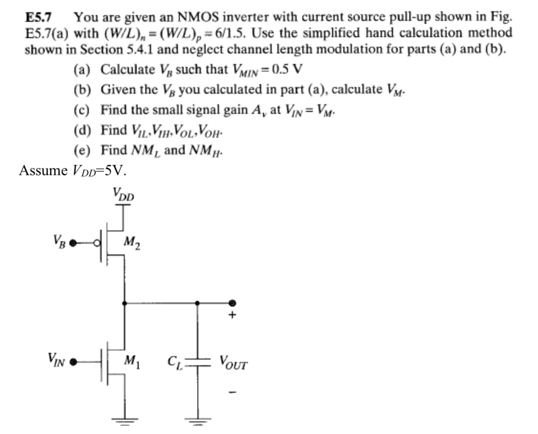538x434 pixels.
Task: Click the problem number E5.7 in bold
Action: [38, 18]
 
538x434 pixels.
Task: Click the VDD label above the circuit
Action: [123, 195]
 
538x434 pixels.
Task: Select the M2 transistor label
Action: [132, 242]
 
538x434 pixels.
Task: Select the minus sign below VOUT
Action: [233, 392]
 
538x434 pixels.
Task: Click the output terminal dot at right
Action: [232, 303]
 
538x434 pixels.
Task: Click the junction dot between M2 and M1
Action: [124, 303]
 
